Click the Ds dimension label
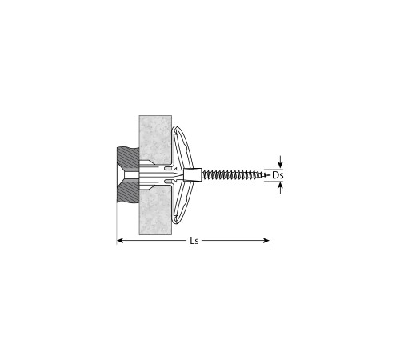[278, 175]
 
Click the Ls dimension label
[194, 241]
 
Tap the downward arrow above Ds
[280, 162]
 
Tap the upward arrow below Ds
[280, 188]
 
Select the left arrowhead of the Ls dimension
[120, 241]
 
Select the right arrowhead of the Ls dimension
[266, 241]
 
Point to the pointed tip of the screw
[269, 175]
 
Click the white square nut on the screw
[193, 175]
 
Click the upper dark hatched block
[128, 159]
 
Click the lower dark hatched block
[128, 190]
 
